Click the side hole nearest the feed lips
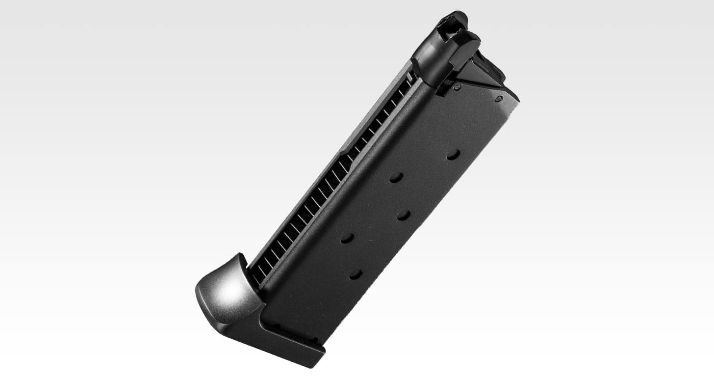[453, 154]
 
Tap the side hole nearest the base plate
[356, 274]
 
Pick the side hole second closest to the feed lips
[396, 177]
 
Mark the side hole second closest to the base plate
[347, 238]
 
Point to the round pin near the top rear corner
[499, 99]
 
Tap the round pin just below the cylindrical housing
[457, 87]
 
